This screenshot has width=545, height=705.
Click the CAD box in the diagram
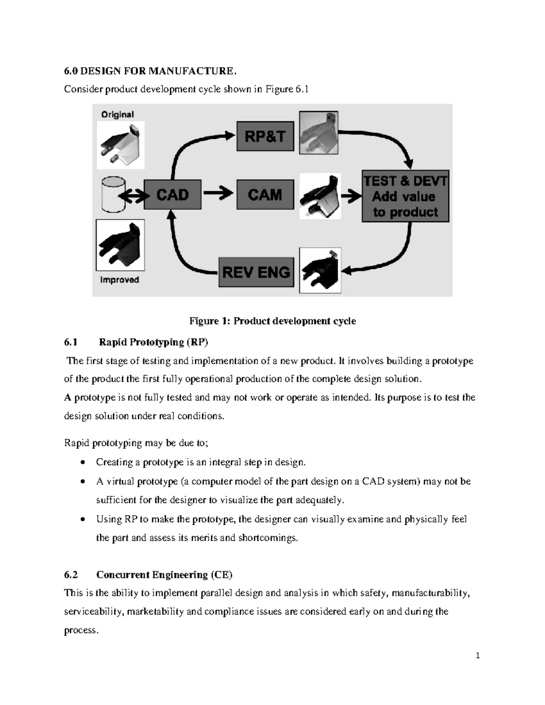173,195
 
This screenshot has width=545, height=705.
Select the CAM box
265,195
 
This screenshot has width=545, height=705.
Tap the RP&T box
265,136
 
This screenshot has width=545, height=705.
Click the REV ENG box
256,272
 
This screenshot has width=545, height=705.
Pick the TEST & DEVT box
405,197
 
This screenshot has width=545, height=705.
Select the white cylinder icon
113,194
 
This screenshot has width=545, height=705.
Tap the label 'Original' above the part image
118,114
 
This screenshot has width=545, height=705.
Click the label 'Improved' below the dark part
119,280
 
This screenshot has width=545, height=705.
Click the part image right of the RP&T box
318,132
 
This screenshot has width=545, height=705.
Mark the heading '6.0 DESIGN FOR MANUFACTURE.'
150,71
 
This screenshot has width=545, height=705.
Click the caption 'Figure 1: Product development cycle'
272,321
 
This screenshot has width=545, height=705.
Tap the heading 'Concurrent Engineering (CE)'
164,575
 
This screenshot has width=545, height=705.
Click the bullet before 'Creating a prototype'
82,463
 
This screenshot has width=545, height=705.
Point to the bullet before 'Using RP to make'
82,519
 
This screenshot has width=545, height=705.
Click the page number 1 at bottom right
477,656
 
